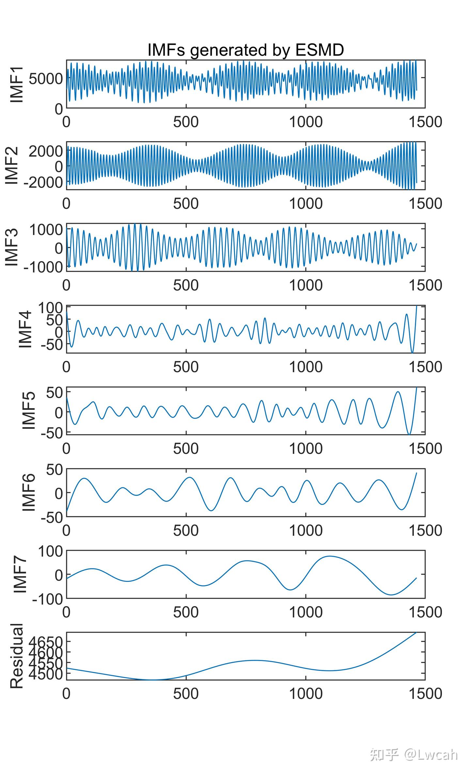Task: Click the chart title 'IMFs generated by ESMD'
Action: coord(245,50)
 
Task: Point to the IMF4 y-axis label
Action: coord(25,329)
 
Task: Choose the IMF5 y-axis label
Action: coord(29,410)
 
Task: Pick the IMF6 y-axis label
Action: coord(29,492)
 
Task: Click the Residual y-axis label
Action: coord(17,656)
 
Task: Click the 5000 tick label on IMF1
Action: coord(46,79)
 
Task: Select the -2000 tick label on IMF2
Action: coord(43,182)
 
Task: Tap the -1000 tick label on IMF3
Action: coord(43,267)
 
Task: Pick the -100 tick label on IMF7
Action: coord(48,599)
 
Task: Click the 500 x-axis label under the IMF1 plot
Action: coord(186,122)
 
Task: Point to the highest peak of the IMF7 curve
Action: coord(330,556)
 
